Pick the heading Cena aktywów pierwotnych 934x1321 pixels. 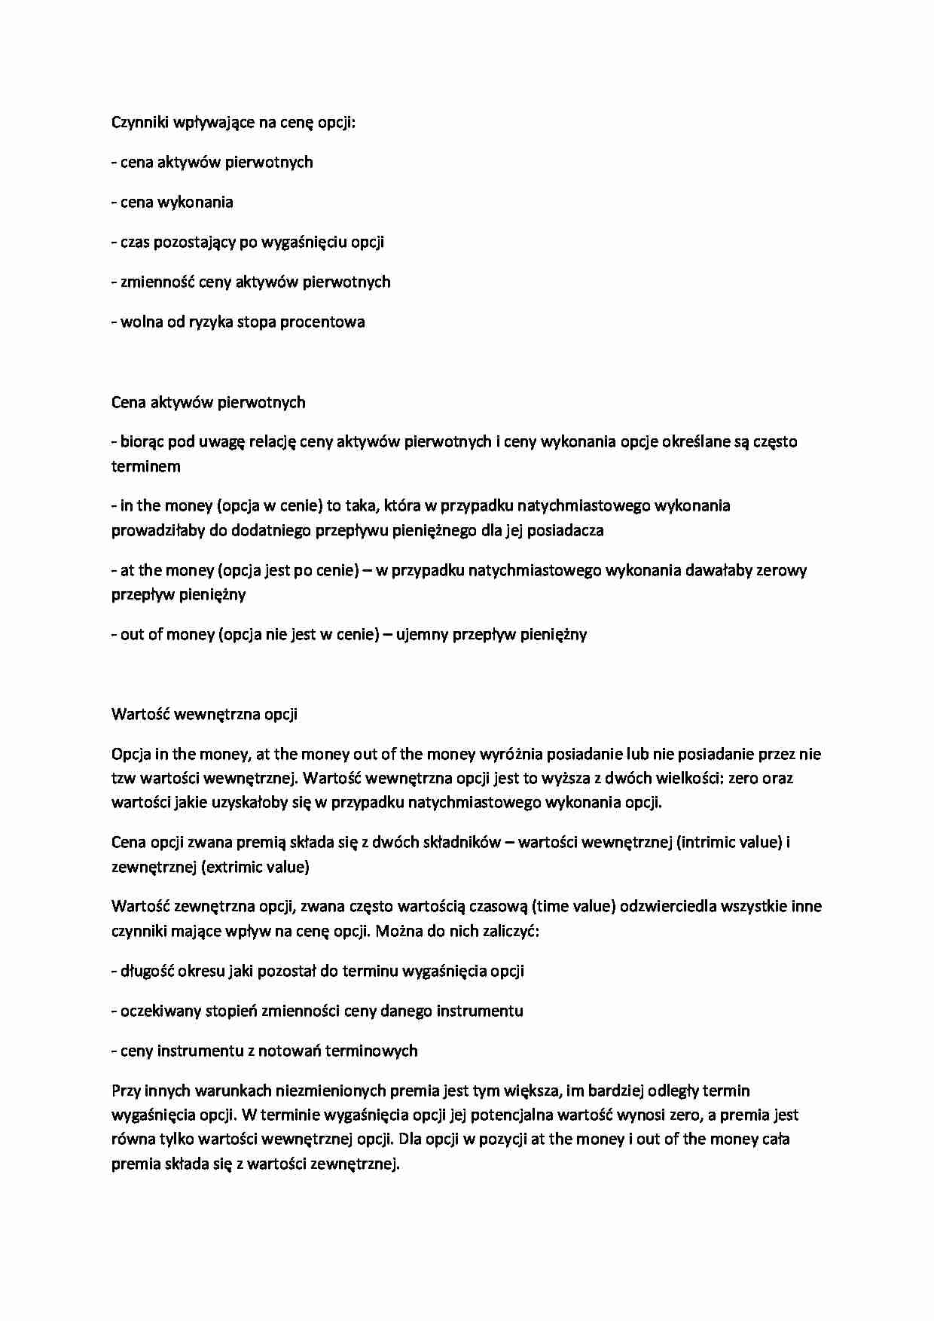(208, 402)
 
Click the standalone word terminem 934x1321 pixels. (145, 466)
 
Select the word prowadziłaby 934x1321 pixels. (157, 530)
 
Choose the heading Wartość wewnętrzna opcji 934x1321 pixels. (204, 714)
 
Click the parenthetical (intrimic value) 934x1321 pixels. (728, 842)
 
